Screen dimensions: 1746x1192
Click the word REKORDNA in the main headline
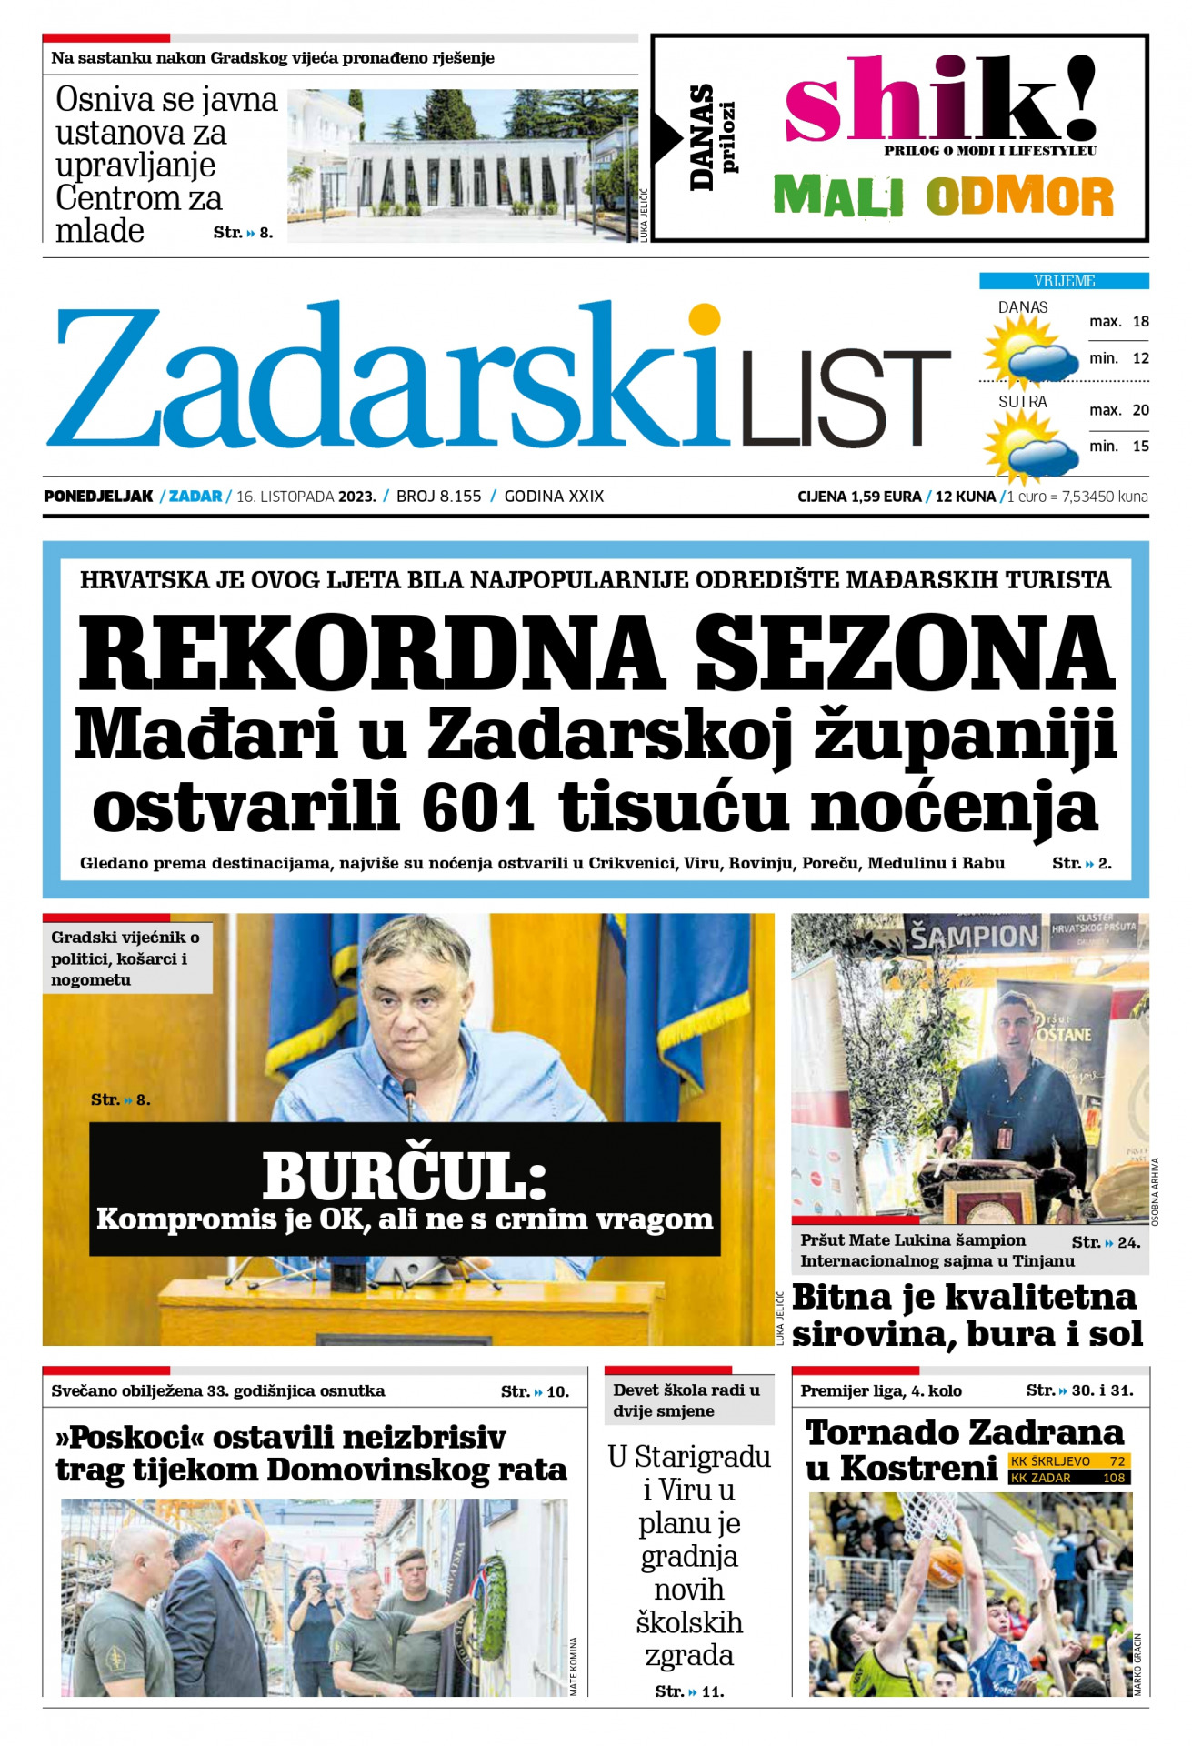pos(371,653)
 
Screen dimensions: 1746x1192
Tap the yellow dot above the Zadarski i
pos(705,319)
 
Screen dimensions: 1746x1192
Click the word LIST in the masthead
pos(846,398)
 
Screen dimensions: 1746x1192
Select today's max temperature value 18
pos(1140,322)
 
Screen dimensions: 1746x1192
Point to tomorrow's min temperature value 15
pos(1140,447)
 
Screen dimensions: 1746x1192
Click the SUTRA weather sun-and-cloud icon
pos(1027,446)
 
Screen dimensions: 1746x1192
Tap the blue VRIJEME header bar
pos(1063,281)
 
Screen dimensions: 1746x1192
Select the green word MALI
pos(837,196)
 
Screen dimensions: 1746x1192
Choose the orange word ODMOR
pos(1019,196)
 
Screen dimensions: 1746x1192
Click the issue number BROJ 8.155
pos(438,497)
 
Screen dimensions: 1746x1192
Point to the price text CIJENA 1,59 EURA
pos(859,497)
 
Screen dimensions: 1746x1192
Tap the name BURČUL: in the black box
pos(405,1177)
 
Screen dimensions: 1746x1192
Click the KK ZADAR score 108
pos(1114,1478)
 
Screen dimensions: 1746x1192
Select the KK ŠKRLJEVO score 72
pos(1117,1461)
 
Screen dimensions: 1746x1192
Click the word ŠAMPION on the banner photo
pos(974,937)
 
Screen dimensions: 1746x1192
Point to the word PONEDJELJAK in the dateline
pos(98,497)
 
